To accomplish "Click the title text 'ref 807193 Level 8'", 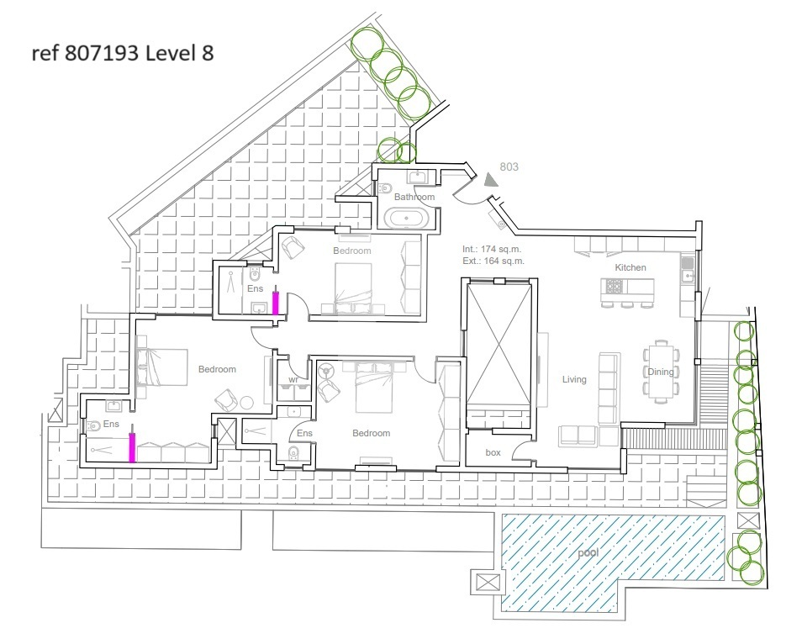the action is pos(122,53).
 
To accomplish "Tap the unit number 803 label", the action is pos(509,166).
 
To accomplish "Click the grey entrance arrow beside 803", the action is pos(492,180).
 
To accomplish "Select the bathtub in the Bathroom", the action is pos(407,219).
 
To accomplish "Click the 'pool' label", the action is pos(588,553).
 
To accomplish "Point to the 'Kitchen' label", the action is pos(631,267).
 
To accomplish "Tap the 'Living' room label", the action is pos(574,379).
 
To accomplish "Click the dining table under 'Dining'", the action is pos(662,372).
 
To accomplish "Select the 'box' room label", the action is pos(493,452).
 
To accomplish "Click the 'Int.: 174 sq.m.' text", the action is pos(492,249).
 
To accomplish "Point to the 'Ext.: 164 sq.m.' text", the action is pos(493,261).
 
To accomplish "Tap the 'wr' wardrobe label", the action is pos(293,380).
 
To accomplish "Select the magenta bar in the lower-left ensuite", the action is pos(132,447).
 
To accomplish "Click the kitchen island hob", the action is pos(613,287).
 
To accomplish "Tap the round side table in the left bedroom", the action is pos(246,403).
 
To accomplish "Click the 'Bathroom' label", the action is pos(414,197).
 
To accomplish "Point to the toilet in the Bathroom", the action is pos(385,187).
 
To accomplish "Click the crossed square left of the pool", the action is pos(488,582).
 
